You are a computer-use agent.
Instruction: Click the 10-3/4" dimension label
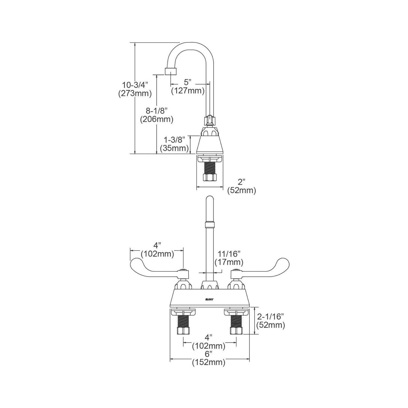point(135,85)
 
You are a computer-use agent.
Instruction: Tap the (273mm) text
point(135,93)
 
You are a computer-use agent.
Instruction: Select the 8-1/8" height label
point(156,110)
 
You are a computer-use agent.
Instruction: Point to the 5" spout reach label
point(188,82)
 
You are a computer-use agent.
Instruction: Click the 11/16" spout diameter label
point(229,254)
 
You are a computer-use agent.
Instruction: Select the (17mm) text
point(229,262)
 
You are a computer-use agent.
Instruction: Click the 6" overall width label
point(209,354)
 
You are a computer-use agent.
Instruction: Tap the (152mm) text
point(209,362)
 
